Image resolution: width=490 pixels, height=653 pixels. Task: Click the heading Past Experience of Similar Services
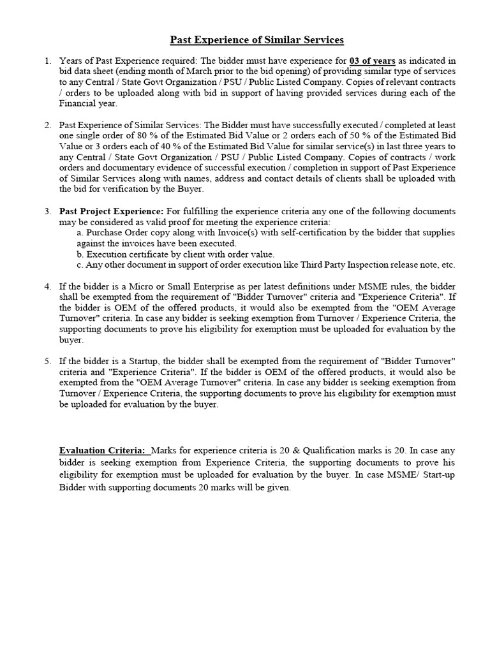[256, 40]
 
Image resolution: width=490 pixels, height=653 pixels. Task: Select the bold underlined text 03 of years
[373, 61]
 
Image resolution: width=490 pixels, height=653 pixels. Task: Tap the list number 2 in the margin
[48, 125]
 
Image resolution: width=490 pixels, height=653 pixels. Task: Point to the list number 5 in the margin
[48, 361]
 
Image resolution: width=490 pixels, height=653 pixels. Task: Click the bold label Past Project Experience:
[111, 211]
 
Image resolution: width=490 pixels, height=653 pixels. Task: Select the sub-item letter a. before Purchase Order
[80, 233]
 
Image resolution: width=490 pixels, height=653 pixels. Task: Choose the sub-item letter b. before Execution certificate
[80, 254]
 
